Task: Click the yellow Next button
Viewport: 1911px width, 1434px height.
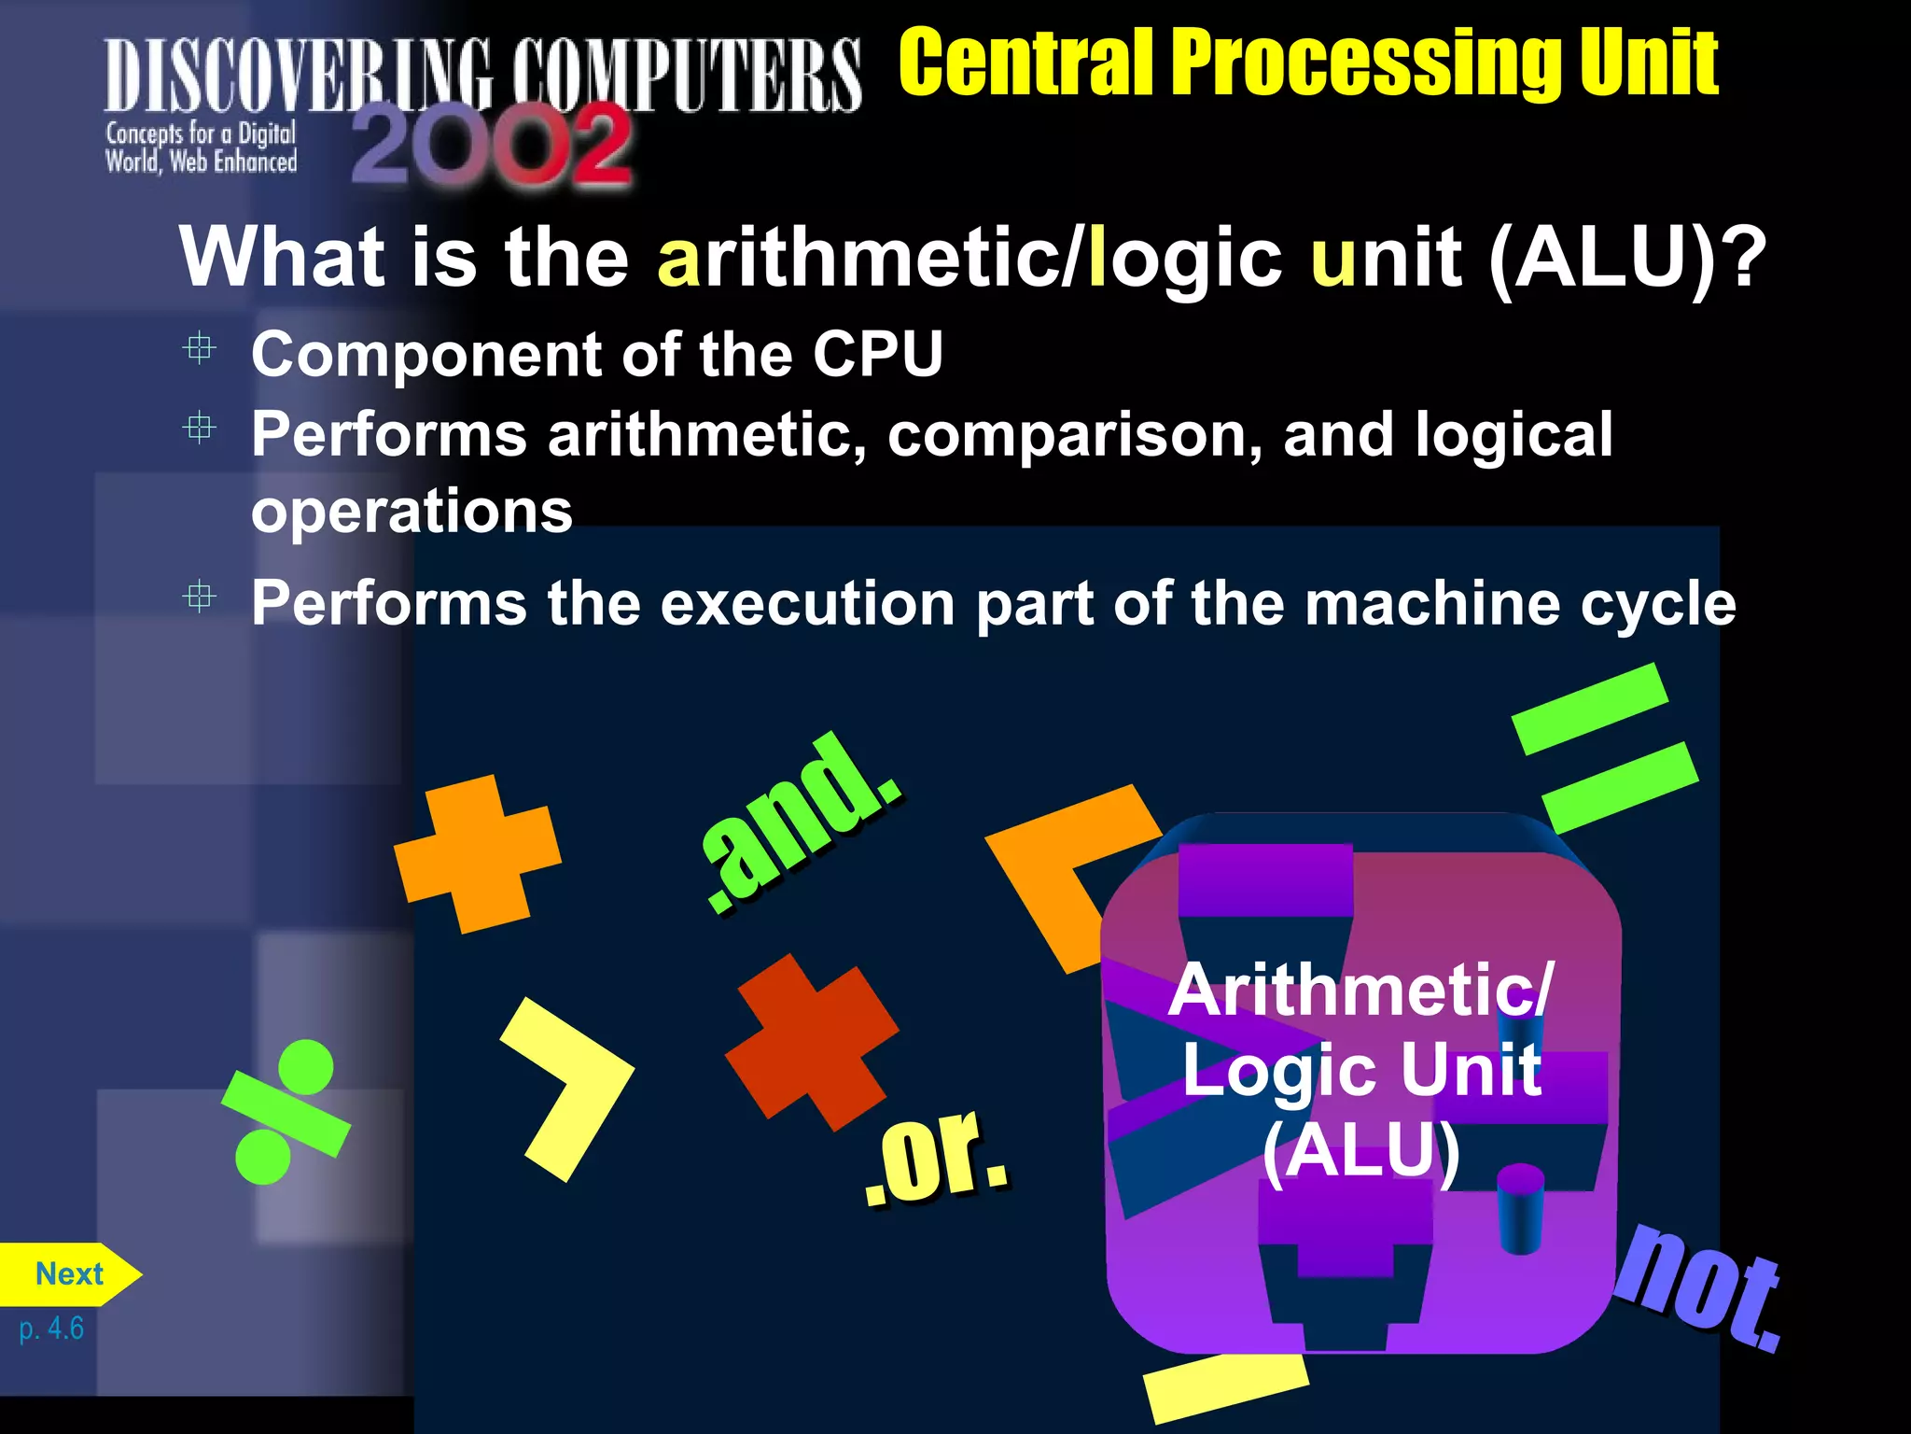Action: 68,1274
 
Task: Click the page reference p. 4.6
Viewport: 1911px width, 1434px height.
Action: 51,1328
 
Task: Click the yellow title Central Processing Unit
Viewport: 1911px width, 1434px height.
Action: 1307,63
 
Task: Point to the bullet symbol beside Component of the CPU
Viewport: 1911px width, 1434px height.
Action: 199,348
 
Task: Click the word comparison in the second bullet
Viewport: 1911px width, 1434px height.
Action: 1074,435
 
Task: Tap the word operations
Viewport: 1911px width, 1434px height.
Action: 411,512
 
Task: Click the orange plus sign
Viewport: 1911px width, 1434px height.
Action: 477,853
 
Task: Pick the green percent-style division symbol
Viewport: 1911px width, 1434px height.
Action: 285,1112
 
